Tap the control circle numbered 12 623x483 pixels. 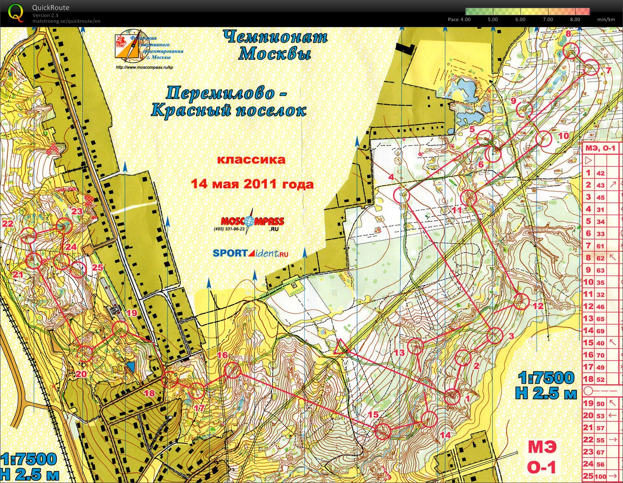tap(521, 301)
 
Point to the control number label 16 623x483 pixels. tap(222, 355)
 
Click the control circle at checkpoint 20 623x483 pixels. tap(85, 354)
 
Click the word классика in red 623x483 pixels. tap(251, 160)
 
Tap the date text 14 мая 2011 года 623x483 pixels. tap(252, 184)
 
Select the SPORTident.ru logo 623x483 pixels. tap(250, 253)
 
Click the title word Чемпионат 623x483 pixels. tap(275, 37)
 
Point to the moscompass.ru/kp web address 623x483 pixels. tap(144, 68)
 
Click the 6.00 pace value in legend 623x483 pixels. tap(520, 19)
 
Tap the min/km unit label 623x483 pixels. tap(606, 19)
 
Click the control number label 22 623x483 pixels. tap(7, 224)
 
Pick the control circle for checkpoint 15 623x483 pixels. tap(383, 431)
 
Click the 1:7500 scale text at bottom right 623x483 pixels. tap(546, 378)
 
